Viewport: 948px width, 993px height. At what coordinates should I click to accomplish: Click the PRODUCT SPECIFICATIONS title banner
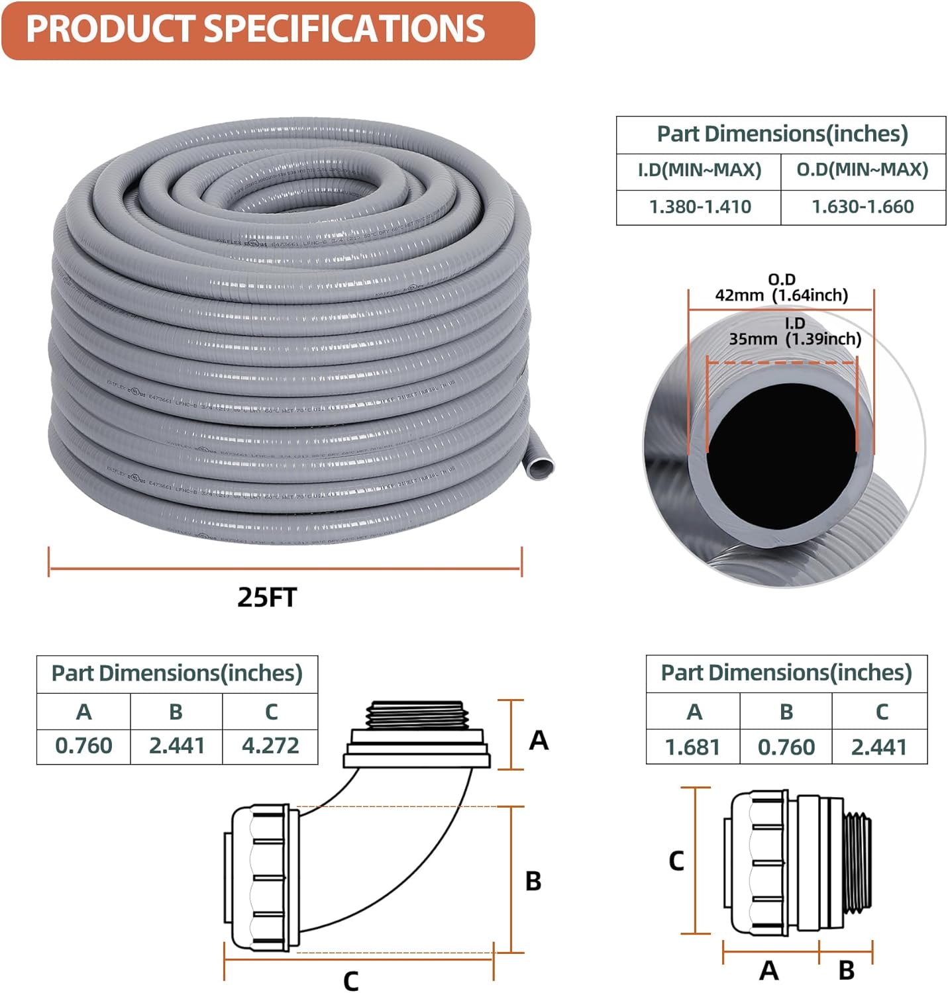(267, 30)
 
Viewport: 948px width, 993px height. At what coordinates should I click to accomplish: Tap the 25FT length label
(267, 597)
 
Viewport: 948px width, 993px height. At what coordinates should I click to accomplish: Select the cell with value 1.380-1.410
(700, 207)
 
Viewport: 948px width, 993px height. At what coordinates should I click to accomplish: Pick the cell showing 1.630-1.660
(863, 207)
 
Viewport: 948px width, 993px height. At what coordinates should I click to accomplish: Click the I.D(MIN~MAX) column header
(700, 170)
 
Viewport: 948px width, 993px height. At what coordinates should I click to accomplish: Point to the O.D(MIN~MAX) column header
(863, 170)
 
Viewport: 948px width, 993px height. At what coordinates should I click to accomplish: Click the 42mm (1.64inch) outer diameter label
(781, 295)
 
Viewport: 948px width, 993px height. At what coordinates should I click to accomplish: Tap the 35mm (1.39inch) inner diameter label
(795, 339)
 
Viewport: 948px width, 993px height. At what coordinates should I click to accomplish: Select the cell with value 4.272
(270, 746)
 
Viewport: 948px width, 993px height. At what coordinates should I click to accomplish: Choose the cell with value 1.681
(692, 747)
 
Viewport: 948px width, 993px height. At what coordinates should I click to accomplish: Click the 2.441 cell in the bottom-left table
(176, 746)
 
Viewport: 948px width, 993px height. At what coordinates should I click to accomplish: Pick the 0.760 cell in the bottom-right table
(786, 747)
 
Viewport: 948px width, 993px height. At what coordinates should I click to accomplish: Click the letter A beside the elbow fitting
(539, 740)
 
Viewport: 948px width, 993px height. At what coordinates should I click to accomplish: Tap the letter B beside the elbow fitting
(533, 881)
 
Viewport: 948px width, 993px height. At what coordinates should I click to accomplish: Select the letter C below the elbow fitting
(351, 980)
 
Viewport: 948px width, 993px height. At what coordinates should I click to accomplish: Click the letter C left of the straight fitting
(676, 861)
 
